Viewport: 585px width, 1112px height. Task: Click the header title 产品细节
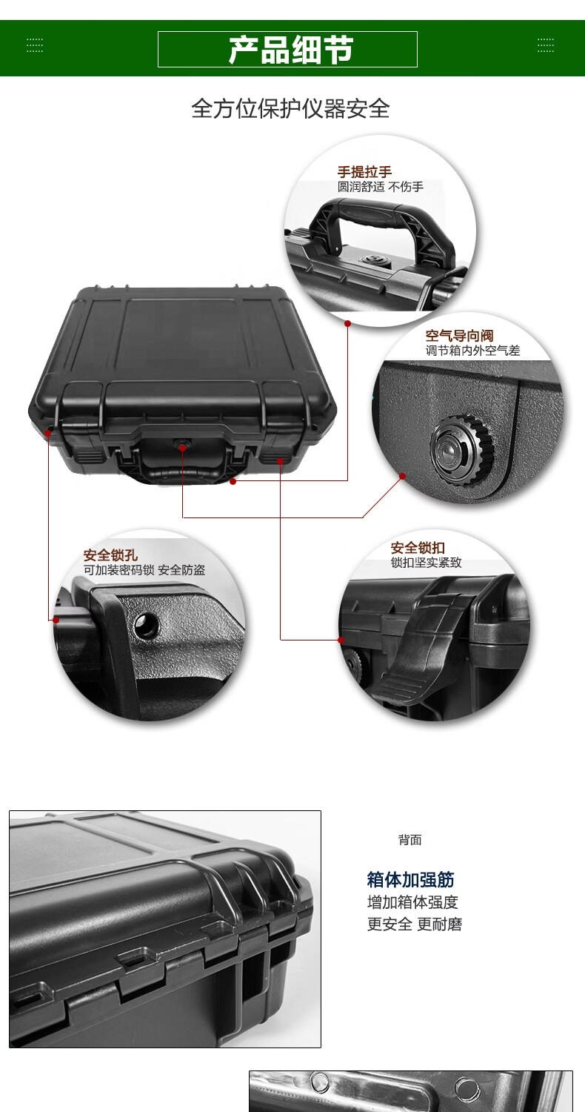click(290, 50)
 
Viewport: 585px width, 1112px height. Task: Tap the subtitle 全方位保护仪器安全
click(290, 108)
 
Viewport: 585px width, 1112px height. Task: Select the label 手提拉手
click(364, 172)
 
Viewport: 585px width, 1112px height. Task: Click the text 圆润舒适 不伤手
click(381, 187)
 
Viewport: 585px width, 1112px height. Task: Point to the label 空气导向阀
click(459, 336)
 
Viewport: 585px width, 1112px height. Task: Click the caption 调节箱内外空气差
click(472, 351)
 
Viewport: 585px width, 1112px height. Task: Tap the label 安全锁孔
click(110, 555)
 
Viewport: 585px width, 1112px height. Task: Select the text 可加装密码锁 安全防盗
click(144, 570)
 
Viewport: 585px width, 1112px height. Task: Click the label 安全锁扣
click(418, 548)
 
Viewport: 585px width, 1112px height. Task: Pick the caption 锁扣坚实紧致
click(426, 563)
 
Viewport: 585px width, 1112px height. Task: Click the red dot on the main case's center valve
click(182, 447)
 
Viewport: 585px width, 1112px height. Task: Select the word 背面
click(410, 840)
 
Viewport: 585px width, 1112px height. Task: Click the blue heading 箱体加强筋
click(410, 879)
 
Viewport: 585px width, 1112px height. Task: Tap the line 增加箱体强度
click(412, 902)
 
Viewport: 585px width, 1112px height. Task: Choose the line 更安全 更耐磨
click(415, 924)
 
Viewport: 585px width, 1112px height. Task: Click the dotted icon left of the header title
click(35, 45)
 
